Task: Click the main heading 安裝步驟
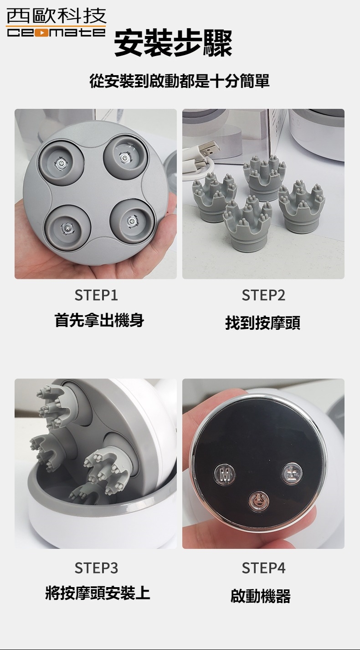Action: pyautogui.click(x=173, y=43)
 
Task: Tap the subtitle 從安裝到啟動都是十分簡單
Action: pyautogui.click(x=180, y=81)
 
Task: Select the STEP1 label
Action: pyautogui.click(x=96, y=296)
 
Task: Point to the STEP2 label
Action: pyautogui.click(x=263, y=296)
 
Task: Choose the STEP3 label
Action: pyautogui.click(x=96, y=568)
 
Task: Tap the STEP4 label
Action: pyautogui.click(x=263, y=568)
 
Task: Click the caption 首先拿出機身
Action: pyautogui.click(x=99, y=320)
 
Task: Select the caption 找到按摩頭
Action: pyautogui.click(x=263, y=323)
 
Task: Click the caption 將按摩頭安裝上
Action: pyautogui.click(x=98, y=593)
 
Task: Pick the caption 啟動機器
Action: pyautogui.click(x=261, y=595)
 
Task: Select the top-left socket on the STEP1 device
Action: pyautogui.click(x=61, y=159)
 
